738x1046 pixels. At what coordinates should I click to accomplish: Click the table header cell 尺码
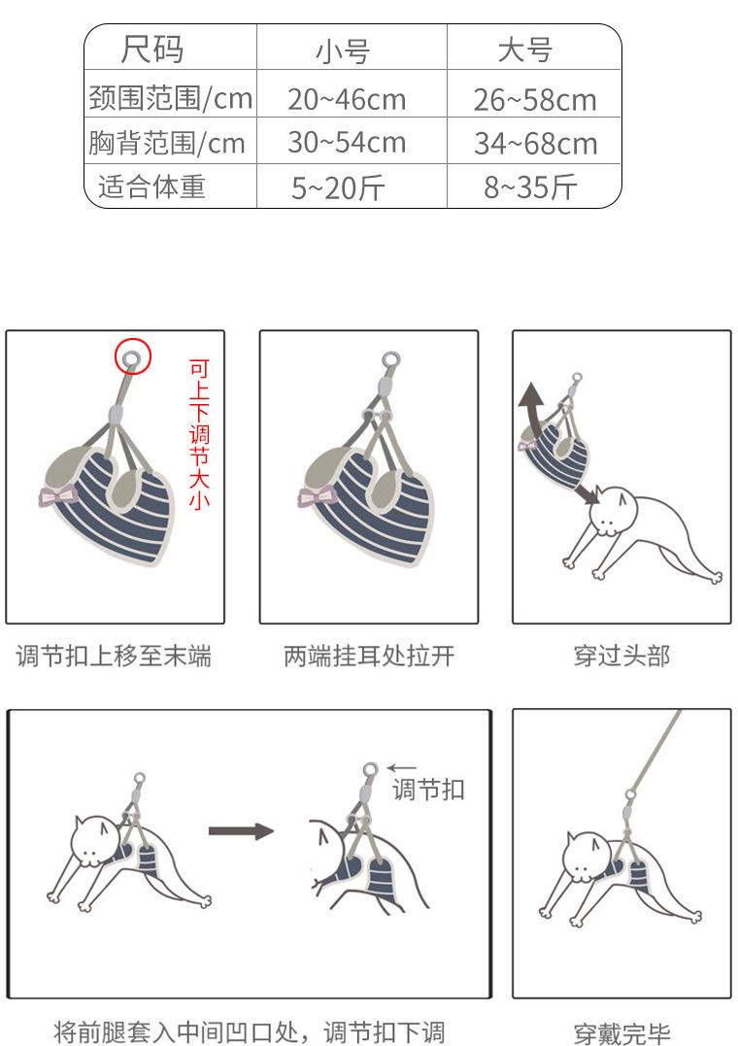[152, 48]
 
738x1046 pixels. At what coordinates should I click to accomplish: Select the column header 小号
[343, 51]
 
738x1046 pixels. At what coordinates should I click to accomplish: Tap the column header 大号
[524, 51]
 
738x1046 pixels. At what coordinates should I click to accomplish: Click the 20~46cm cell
[347, 99]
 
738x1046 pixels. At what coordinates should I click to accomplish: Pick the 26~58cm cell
[534, 100]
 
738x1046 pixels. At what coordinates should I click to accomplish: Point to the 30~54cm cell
[347, 142]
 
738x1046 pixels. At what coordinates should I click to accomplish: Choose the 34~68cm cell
[535, 144]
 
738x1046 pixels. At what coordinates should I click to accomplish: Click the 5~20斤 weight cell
[338, 187]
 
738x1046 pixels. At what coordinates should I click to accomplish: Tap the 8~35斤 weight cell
[530, 186]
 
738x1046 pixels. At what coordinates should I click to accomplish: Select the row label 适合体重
[151, 186]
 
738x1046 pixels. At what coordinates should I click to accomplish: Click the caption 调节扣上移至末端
[114, 656]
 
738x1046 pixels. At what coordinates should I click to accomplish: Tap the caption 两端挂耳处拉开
[369, 656]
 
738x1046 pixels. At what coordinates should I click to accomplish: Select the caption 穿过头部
[621, 656]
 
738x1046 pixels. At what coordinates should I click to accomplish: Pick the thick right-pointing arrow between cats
[241, 831]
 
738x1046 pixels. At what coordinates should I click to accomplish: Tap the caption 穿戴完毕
[621, 1033]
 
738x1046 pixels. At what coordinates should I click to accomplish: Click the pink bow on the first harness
[57, 496]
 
